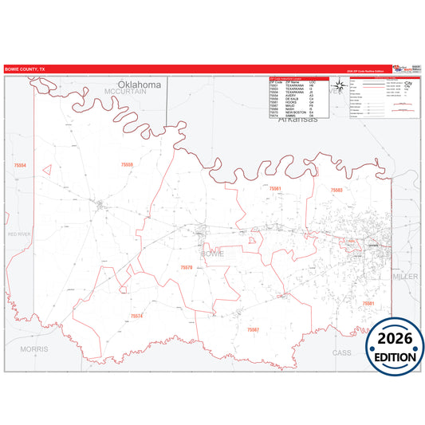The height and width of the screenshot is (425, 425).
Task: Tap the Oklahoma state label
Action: (x=140, y=85)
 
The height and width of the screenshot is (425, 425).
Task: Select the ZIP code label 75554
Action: (x=20, y=165)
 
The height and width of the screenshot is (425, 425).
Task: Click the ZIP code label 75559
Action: (x=127, y=164)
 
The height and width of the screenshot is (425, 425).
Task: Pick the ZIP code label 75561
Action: (x=275, y=188)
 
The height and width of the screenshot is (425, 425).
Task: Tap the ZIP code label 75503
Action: (x=336, y=190)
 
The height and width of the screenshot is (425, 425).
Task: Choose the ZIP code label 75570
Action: (x=186, y=267)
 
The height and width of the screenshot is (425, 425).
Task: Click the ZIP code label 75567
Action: (x=253, y=329)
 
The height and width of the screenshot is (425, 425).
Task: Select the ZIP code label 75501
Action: (x=368, y=304)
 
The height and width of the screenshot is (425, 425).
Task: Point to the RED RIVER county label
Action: (x=19, y=234)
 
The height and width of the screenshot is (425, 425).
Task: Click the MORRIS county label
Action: (x=34, y=349)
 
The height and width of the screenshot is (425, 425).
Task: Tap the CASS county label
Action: (x=341, y=352)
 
